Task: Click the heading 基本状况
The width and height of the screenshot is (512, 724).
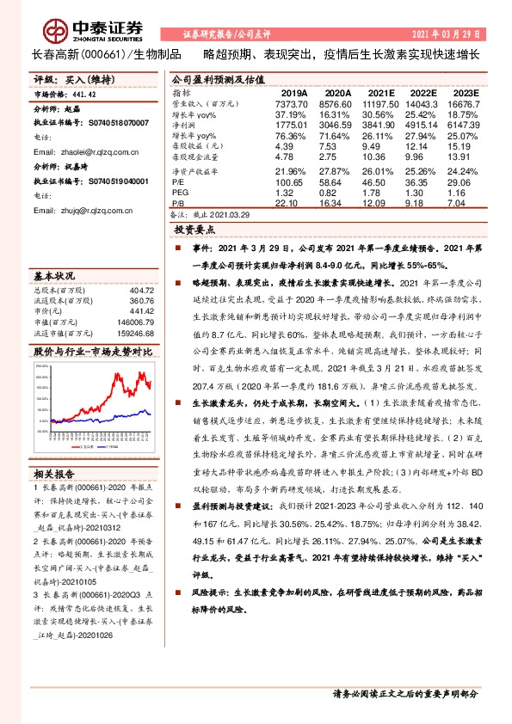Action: click(x=53, y=277)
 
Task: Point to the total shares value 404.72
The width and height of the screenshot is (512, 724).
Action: click(x=139, y=291)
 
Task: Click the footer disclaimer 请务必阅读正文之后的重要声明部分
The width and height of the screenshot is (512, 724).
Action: click(x=404, y=693)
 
